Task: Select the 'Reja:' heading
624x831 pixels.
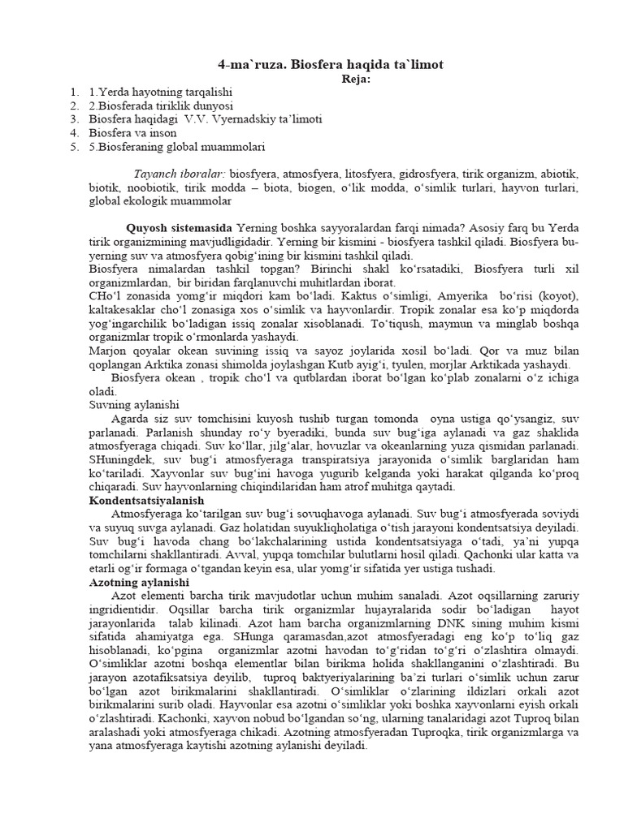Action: point(355,79)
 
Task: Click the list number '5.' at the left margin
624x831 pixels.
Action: point(74,147)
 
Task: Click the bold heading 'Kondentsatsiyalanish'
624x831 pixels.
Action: point(146,501)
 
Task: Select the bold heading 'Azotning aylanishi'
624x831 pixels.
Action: point(139,583)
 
